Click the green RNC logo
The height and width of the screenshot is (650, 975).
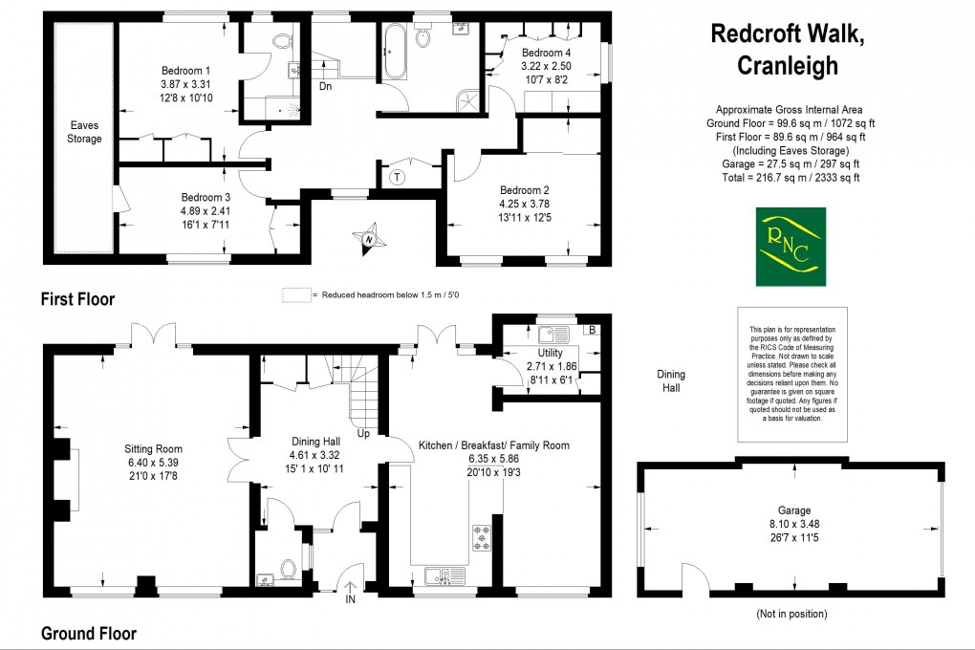[x=791, y=247]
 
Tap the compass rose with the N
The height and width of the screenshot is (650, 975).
[x=367, y=239]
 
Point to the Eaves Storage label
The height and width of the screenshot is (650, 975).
[x=84, y=132]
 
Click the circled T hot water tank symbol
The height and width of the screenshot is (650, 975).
[x=398, y=177]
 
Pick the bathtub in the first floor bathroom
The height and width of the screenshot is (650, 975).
[x=395, y=52]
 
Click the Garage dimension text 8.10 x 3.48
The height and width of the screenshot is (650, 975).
[x=794, y=524]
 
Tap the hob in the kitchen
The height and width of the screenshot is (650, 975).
[x=481, y=538]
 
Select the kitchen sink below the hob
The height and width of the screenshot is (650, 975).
[x=444, y=576]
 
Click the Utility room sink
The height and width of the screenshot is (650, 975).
[x=553, y=336]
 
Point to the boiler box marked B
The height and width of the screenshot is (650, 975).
[x=592, y=330]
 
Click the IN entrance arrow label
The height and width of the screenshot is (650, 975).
[x=350, y=599]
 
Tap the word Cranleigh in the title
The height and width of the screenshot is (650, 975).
[x=788, y=66]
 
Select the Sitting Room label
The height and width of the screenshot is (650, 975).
[x=153, y=449]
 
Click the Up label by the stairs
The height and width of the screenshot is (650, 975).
[x=363, y=434]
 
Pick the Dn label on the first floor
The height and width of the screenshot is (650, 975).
[x=325, y=86]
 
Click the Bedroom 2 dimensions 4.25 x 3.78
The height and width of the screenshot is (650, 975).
[x=525, y=204]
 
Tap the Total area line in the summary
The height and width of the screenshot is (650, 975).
[x=791, y=177]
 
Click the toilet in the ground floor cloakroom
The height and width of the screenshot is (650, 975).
[x=288, y=569]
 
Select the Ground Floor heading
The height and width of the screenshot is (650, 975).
[x=88, y=633]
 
